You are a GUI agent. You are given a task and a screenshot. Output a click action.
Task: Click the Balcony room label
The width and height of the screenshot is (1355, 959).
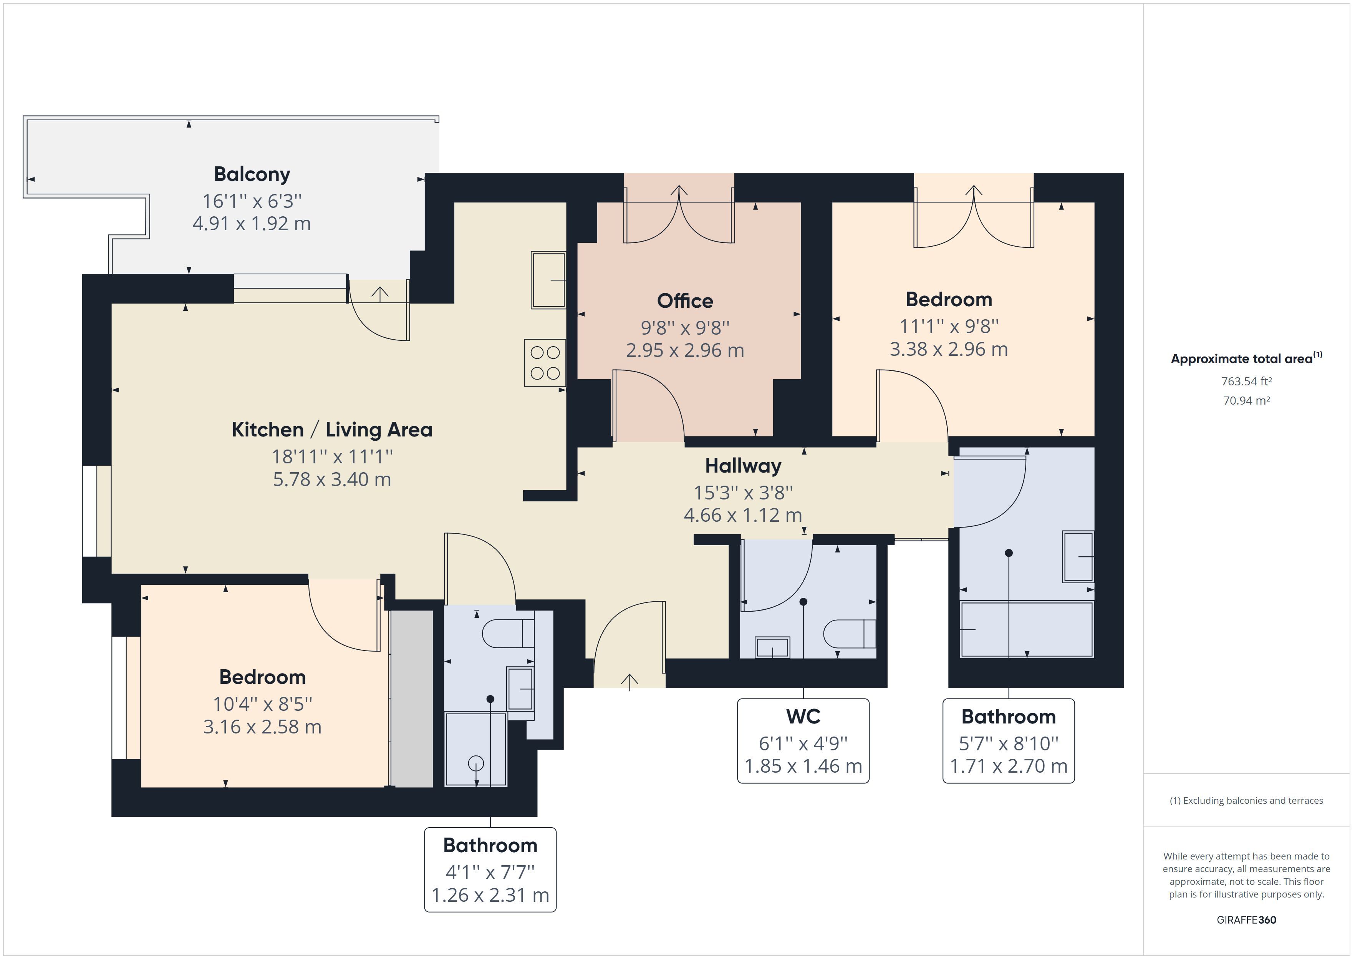[252, 174]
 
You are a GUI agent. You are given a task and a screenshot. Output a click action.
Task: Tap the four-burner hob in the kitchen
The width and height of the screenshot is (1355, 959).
[545, 363]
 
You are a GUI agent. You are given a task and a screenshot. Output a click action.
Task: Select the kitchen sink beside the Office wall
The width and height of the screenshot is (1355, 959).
[548, 280]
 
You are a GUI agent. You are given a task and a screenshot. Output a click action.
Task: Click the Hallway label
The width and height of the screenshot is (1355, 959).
[743, 466]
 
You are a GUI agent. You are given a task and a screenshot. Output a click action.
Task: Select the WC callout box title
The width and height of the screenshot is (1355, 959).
[803, 716]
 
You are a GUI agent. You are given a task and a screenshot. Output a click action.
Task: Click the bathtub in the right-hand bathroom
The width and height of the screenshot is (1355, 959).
[1027, 629]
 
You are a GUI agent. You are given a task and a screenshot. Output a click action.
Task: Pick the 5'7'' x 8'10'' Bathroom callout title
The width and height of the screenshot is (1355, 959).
[1009, 716]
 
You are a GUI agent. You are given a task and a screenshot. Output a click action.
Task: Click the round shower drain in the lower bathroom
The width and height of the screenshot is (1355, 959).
[475, 763]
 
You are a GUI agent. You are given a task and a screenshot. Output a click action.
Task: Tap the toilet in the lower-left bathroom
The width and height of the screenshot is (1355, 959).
[508, 634]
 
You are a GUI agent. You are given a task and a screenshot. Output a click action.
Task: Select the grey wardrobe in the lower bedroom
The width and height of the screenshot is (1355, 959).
[412, 699]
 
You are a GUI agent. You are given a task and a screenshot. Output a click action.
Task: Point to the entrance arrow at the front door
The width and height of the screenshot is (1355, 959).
[630, 682]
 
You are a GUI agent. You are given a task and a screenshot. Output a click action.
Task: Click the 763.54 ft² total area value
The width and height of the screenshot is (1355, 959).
[1246, 382]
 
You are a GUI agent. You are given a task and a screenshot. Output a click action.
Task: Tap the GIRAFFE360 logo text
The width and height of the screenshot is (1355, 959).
[1246, 919]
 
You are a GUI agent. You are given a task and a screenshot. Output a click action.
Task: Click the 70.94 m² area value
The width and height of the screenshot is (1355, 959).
[1246, 400]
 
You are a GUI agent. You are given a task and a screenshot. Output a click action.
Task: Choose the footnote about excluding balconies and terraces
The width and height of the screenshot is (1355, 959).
[1246, 801]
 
